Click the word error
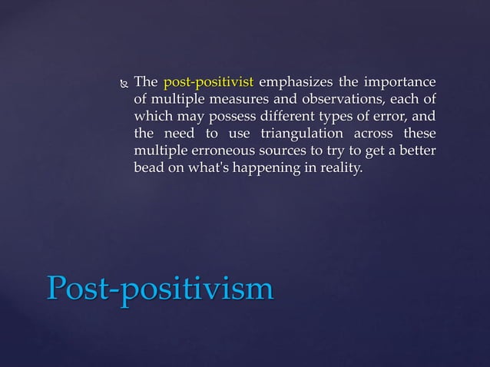coord(389,117)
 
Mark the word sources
coord(291,151)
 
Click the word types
coord(346,117)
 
